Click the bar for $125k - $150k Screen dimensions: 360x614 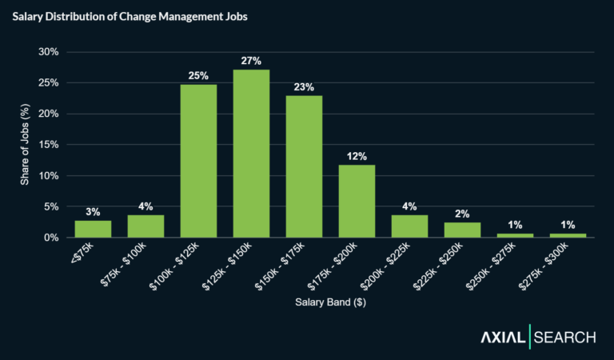click(x=251, y=154)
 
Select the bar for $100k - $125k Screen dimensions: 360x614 click(x=198, y=161)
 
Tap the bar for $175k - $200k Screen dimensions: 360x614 click(x=357, y=201)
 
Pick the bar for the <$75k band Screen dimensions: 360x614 click(x=93, y=229)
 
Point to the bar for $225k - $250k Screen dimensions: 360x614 click(x=462, y=230)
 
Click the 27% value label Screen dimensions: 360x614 click(x=251, y=61)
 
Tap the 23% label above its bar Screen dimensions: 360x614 click(x=304, y=86)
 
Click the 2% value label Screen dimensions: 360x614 click(x=462, y=214)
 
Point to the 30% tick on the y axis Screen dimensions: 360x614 click(x=49, y=52)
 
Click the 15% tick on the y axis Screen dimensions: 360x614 click(x=49, y=145)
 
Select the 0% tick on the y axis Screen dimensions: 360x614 click(x=51, y=238)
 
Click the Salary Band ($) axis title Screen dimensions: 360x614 click(x=330, y=304)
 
